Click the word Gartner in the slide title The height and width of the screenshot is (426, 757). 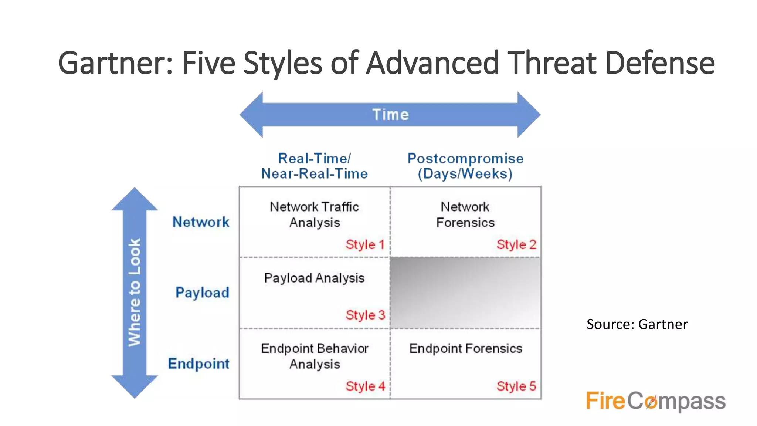point(115,63)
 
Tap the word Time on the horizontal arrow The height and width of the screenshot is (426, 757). point(390,115)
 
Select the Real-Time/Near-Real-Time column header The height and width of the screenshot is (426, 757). point(314,166)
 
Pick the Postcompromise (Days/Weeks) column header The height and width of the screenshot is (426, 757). point(465,166)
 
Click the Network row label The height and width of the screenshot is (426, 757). point(201,222)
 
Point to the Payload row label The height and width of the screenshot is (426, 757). point(202,293)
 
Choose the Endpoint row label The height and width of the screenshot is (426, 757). point(198,364)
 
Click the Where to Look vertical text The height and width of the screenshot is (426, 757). point(135,292)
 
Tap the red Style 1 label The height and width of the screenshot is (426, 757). point(365,244)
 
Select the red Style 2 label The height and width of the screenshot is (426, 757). point(516,244)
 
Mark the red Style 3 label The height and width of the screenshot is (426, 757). point(365,315)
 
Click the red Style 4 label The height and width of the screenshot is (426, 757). point(365,386)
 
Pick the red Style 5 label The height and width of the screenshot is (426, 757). point(516,386)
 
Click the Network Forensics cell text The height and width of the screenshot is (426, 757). point(465,214)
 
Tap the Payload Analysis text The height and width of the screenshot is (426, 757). point(314,278)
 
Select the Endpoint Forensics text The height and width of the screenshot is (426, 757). point(465,348)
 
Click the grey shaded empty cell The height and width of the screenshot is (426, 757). point(465,293)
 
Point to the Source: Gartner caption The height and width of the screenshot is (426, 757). point(637,324)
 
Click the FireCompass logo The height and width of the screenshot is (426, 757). point(655,401)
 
